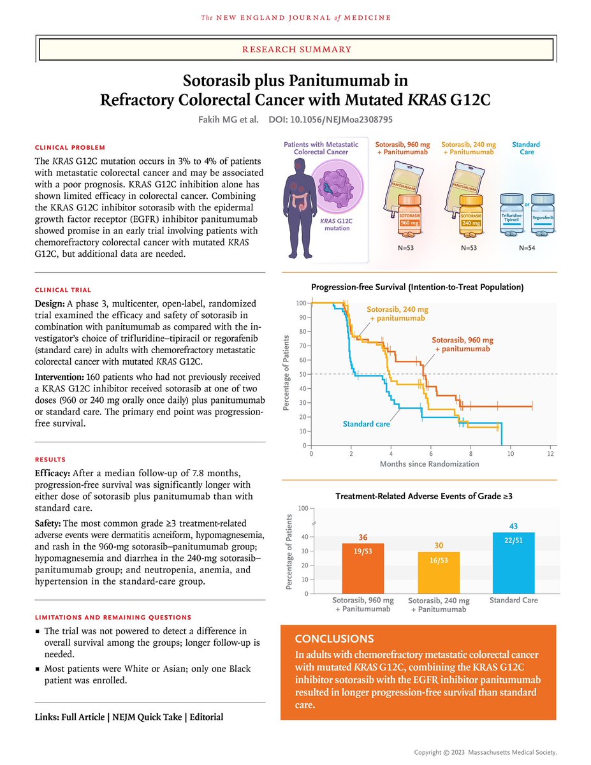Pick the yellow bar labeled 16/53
pyautogui.click(x=438, y=573)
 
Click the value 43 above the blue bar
pyautogui.click(x=513, y=526)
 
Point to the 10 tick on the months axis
pyautogui.click(x=510, y=453)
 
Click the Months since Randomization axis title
pyautogui.click(x=429, y=464)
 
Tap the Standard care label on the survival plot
pyautogui.click(x=366, y=423)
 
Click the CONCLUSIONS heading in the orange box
pyautogui.click(x=335, y=639)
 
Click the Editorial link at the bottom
pyautogui.click(x=205, y=717)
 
